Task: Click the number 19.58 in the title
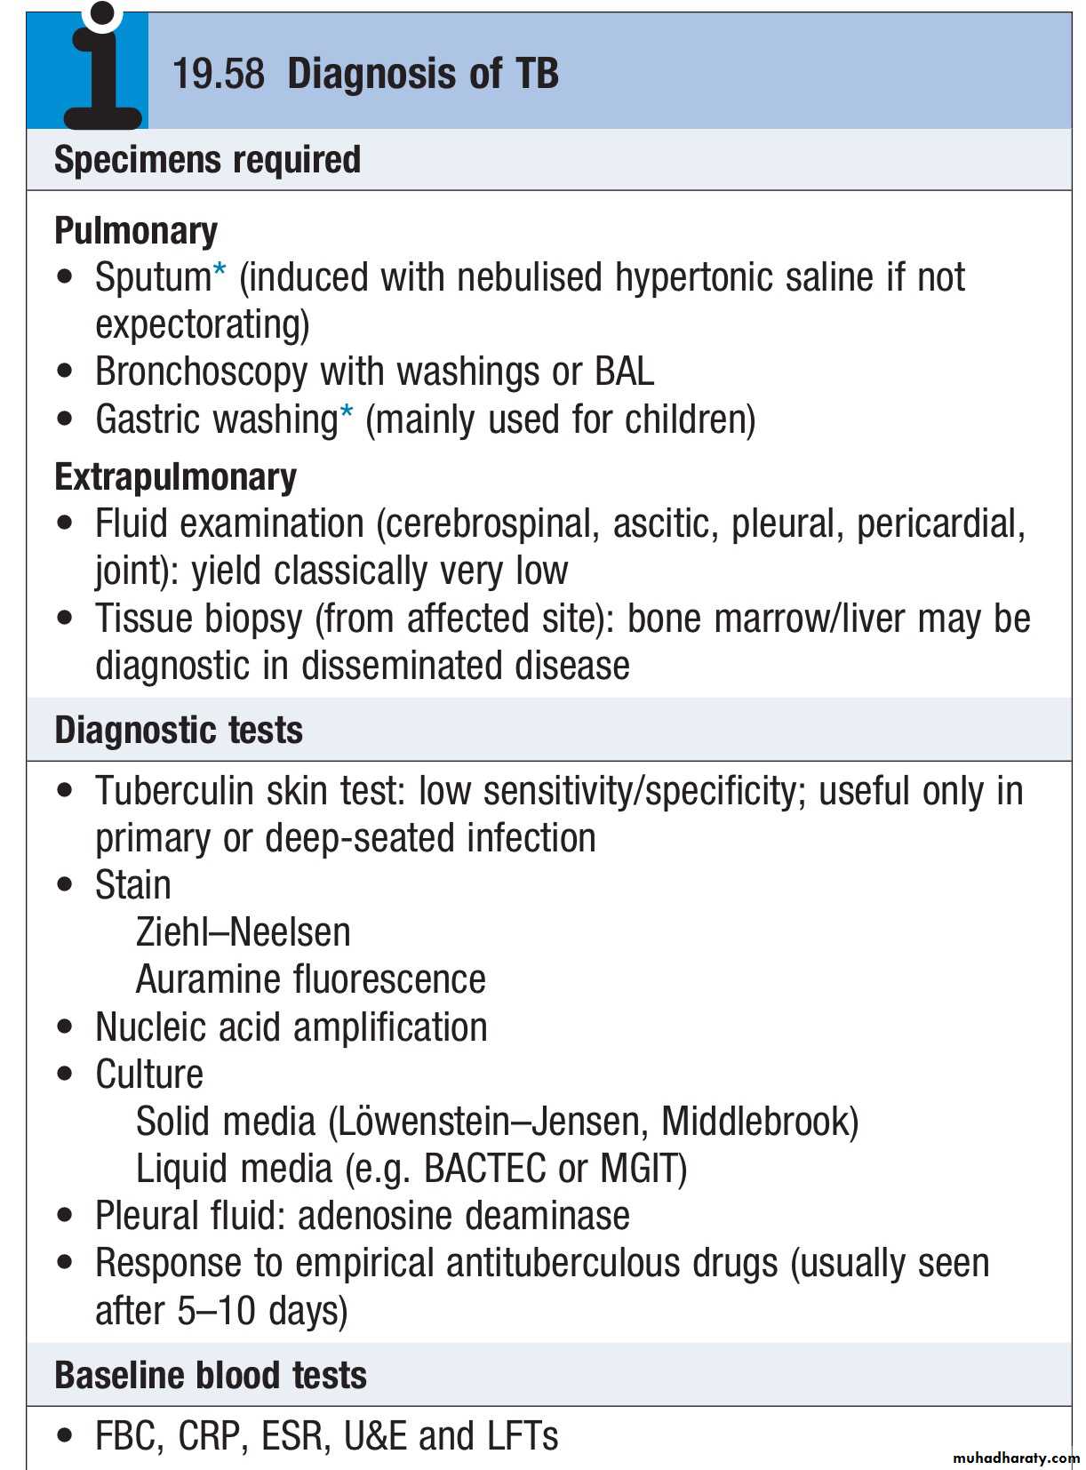219,74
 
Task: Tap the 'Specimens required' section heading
207,160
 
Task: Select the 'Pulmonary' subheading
136,231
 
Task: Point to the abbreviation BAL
624,371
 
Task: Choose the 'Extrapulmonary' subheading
175,477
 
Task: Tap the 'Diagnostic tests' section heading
179,731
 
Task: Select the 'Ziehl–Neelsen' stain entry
243,932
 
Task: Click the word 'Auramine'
209,979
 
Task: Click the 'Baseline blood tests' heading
210,1375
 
